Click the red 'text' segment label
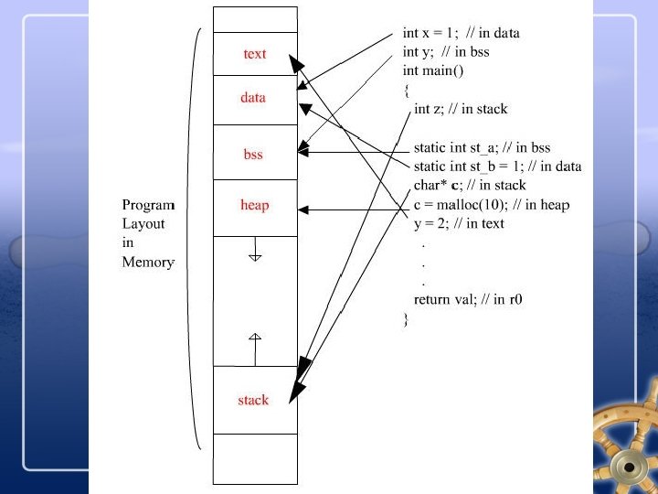(255, 54)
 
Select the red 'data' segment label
(253, 97)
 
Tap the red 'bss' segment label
(253, 155)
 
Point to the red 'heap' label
(254, 205)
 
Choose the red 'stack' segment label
(253, 400)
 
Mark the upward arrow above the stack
(255, 347)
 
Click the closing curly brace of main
(406, 319)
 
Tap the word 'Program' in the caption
(148, 205)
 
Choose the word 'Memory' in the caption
(148, 263)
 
